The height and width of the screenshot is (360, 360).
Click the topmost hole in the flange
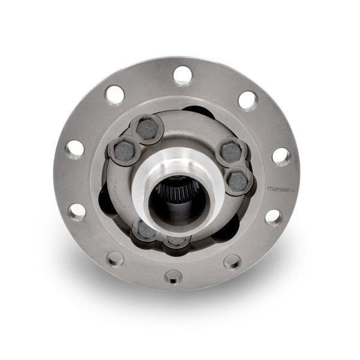tap(182, 76)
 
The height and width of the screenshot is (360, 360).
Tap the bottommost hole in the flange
tap(173, 276)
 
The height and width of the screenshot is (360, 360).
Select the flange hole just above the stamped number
tap(281, 156)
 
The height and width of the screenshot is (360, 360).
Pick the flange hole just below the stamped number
tap(273, 217)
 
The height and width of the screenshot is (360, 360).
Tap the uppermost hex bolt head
tap(147, 129)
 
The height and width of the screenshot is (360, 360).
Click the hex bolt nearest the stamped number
tap(239, 181)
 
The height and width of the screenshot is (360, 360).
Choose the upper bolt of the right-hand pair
tap(230, 152)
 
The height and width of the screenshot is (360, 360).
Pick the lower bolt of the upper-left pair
tap(124, 151)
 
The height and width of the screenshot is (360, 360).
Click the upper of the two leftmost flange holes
tap(75, 148)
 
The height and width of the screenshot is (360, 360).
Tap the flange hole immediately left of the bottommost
tap(115, 259)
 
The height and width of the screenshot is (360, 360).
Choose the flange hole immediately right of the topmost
tap(247, 100)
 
